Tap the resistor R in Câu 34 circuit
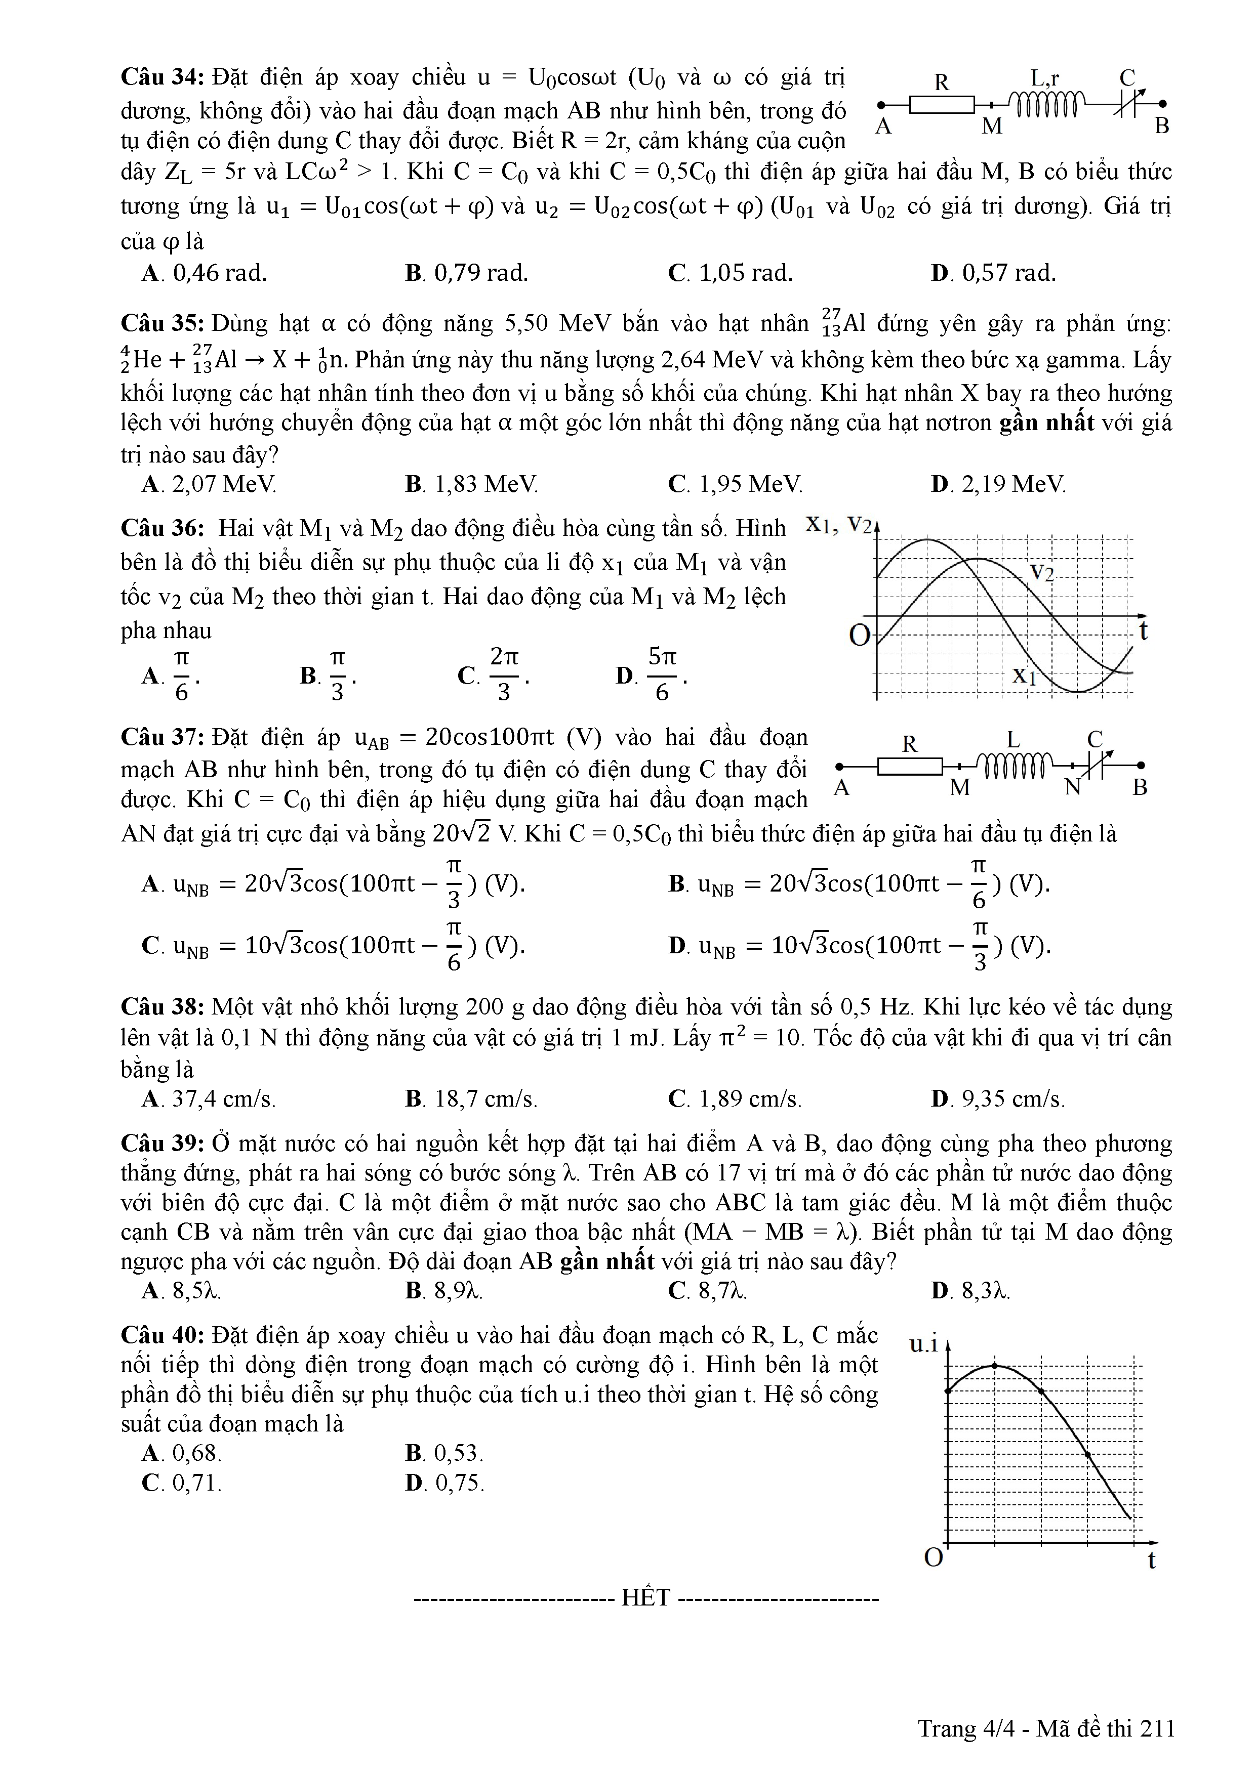pyautogui.click(x=941, y=104)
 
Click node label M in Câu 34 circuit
pyautogui.click(x=992, y=126)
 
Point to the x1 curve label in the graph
pyautogui.click(x=1024, y=675)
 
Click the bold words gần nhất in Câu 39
pyautogui.click(x=607, y=1261)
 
